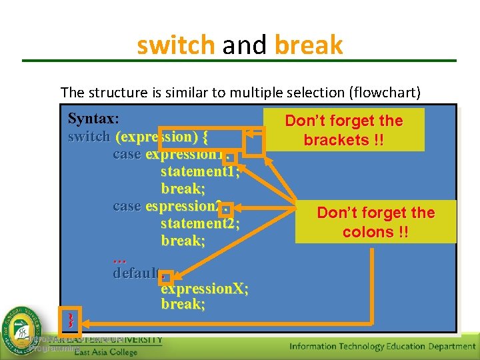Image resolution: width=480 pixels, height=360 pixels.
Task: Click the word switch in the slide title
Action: pos(175,46)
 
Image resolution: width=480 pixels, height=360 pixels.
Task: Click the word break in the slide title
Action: pos(308,46)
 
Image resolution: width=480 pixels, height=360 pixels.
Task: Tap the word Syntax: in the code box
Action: pos(93,119)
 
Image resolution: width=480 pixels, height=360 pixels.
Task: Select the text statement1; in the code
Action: pos(200,172)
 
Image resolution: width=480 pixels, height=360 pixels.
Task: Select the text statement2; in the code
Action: pos(200,223)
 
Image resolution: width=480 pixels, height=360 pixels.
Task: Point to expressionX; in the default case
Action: pos(205,289)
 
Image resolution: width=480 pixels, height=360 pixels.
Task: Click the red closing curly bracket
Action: pos(69,321)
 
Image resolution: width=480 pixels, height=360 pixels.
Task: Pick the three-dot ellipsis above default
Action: pos(120,257)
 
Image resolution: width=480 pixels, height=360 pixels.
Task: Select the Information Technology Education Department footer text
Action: pos(382,346)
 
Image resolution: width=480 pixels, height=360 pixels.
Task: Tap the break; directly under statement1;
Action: pos(183,189)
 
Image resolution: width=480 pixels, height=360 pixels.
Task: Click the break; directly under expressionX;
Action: pos(183,305)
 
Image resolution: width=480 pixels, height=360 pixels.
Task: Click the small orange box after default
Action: pos(167,277)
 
